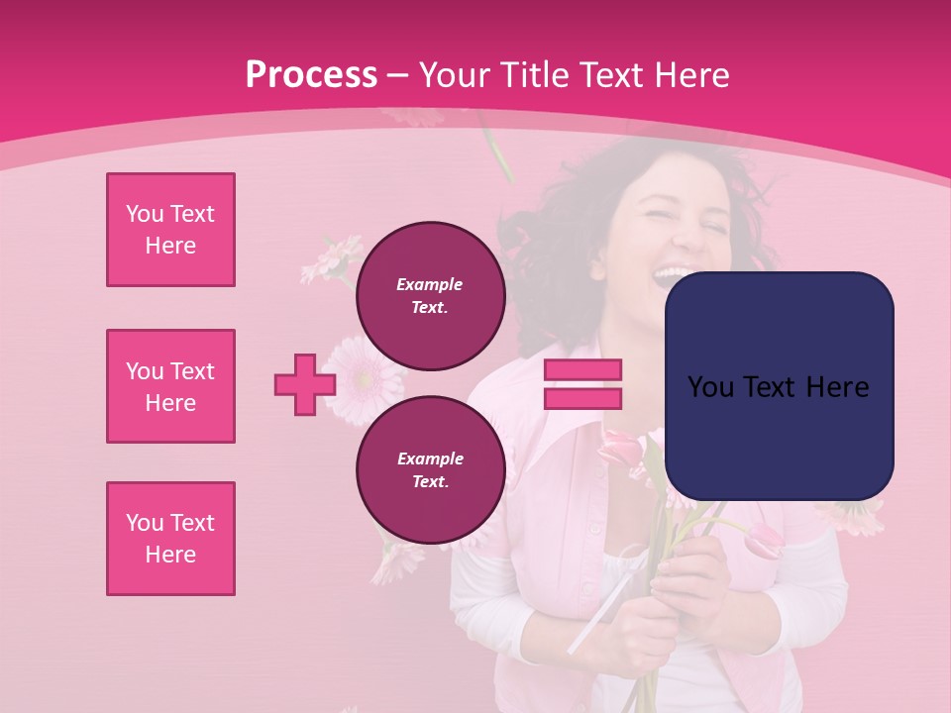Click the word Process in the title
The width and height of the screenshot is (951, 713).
coord(311,75)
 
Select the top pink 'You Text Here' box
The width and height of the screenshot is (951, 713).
coord(170,230)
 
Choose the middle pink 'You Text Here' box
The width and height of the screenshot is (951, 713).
coord(170,386)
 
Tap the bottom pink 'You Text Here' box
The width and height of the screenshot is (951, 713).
coord(170,539)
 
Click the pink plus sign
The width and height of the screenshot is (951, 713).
coord(305,384)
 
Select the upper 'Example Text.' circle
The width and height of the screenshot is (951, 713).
coord(430,295)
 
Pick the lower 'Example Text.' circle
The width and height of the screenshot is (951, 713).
coord(430,469)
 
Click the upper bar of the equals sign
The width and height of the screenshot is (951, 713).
coord(582,370)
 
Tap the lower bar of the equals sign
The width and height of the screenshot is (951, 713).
coord(582,398)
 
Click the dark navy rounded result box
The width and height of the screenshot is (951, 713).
coord(779,385)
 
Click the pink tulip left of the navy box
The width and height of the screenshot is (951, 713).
coord(622,448)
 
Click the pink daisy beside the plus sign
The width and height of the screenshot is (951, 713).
coord(365,378)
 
